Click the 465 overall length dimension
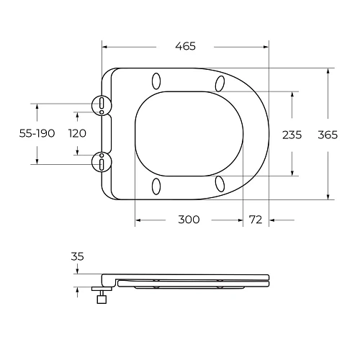pos(186,46)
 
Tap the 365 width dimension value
pos(328,135)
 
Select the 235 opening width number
pos(292,135)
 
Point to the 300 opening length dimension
pos(189,220)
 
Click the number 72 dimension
pos(256,220)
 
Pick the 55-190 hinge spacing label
pos(37,133)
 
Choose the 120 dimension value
pos(77,133)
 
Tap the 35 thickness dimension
pos(77,256)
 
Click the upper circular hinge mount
pos(102,105)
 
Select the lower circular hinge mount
pos(102,162)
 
